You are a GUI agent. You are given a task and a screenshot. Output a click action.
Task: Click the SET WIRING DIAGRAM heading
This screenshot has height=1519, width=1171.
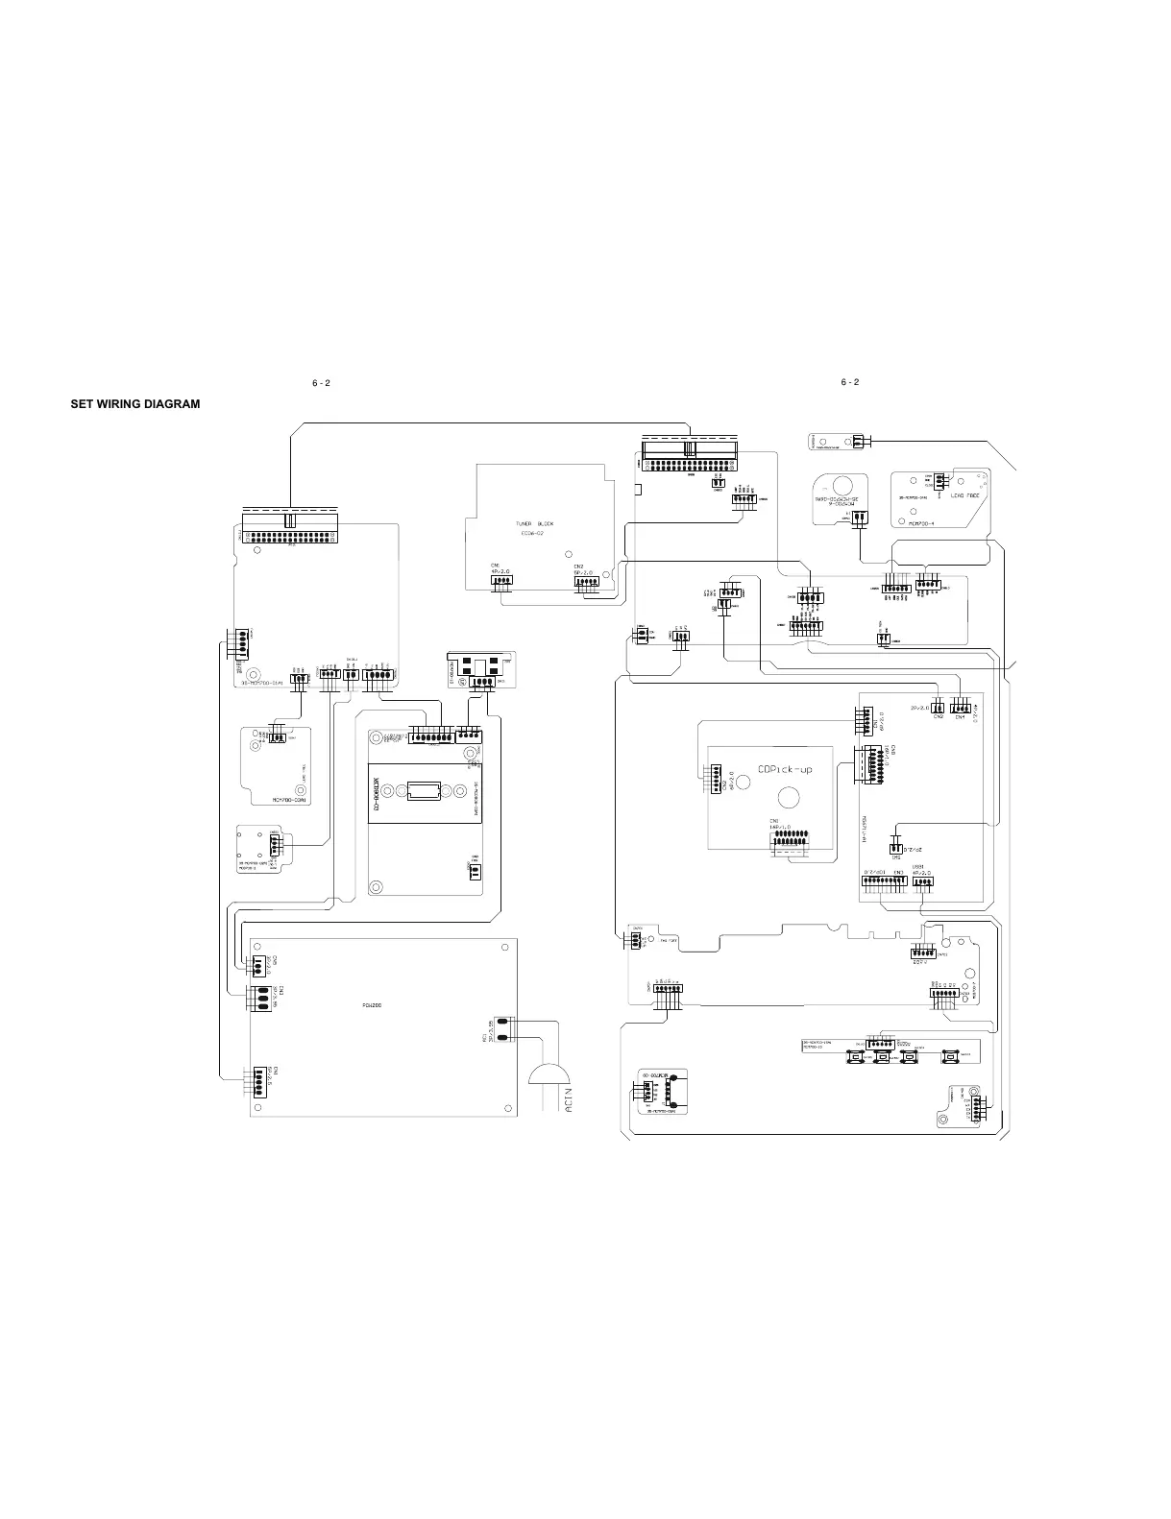pyautogui.click(x=135, y=404)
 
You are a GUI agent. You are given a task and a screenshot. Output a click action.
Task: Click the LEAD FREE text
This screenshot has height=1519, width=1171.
pyautogui.click(x=964, y=495)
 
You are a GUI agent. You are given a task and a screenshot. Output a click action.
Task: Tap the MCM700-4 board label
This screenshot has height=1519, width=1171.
pyautogui.click(x=921, y=523)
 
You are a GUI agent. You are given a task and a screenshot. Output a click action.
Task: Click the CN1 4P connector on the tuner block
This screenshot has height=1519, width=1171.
pyautogui.click(x=501, y=579)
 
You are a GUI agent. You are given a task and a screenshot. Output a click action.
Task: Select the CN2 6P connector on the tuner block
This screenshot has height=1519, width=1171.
pyautogui.click(x=586, y=581)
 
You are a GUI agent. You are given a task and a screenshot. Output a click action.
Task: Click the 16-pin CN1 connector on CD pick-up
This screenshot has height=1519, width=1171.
pyautogui.click(x=789, y=842)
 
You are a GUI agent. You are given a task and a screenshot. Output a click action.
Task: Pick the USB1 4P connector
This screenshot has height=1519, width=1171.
pyautogui.click(x=923, y=884)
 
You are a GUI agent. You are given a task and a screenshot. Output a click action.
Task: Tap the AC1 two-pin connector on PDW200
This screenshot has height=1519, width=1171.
pyautogui.click(x=502, y=1028)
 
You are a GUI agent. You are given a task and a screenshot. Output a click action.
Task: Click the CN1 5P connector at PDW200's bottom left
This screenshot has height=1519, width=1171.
pyautogui.click(x=260, y=1081)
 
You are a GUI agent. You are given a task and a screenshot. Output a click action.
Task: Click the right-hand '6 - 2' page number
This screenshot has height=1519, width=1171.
pyautogui.click(x=849, y=382)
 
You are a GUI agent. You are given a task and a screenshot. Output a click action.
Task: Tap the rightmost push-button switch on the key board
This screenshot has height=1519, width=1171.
pyautogui.click(x=950, y=1056)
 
